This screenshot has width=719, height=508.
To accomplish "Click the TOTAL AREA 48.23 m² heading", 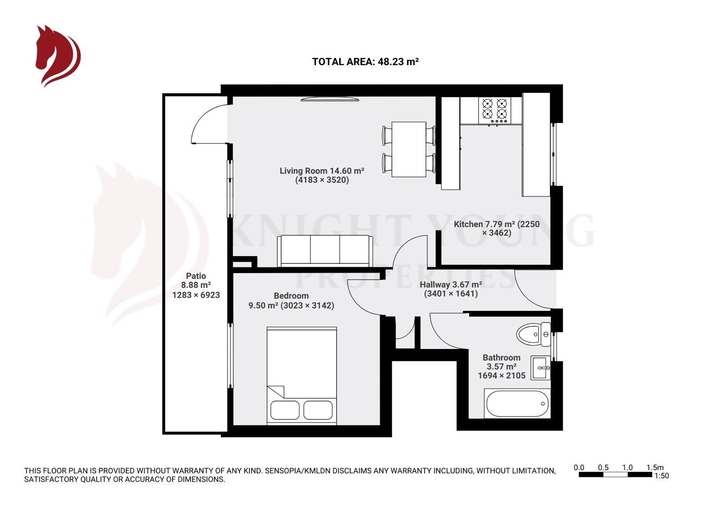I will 365,62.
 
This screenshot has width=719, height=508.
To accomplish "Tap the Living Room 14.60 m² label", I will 322,171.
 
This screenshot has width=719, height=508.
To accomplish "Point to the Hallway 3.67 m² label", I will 451,285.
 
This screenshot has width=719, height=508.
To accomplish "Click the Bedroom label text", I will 291,296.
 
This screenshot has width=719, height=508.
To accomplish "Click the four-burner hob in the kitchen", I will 495,110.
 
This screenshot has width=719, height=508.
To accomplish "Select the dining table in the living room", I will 408,149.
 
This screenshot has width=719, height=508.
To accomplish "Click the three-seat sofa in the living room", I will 325,251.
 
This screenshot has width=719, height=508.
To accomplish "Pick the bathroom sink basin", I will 541,368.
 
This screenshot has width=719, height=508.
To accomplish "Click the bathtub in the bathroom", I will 517,403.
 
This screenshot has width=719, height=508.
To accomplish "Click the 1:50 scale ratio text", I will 661,476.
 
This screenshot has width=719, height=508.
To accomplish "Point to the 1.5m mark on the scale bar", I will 655,468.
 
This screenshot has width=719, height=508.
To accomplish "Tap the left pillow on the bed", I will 285,410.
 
